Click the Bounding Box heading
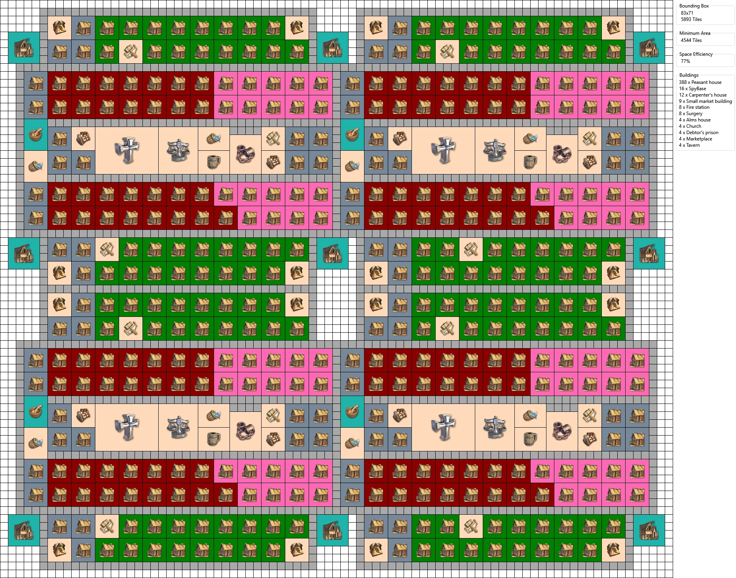(694, 6)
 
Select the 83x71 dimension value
(687, 13)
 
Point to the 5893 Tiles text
(691, 19)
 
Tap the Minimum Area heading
(694, 33)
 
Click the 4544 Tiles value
(691, 40)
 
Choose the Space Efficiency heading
(696, 54)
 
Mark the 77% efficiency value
(685, 61)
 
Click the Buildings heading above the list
(689, 75)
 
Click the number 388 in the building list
(683, 82)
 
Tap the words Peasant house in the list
(706, 82)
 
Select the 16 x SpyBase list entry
(692, 89)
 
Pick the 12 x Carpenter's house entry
(703, 95)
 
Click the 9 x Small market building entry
(705, 101)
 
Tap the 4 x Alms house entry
(694, 120)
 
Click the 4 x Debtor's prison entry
(698, 133)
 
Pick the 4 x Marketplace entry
(695, 139)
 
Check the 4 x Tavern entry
(689, 145)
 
